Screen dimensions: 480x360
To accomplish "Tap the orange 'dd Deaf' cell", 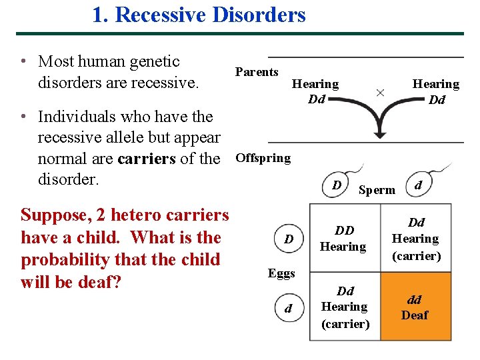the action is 415,308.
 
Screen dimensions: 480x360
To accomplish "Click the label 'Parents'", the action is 257,72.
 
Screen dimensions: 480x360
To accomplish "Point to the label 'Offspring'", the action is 263,158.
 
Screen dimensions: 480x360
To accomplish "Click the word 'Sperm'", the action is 377,190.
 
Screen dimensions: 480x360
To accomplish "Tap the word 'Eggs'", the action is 281,273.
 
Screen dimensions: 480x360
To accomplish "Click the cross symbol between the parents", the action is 380,93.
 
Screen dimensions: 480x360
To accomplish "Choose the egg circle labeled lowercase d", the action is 288,309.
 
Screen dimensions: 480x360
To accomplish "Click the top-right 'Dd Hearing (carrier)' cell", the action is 415,239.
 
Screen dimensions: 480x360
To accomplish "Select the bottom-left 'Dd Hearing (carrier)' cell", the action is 345,307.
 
